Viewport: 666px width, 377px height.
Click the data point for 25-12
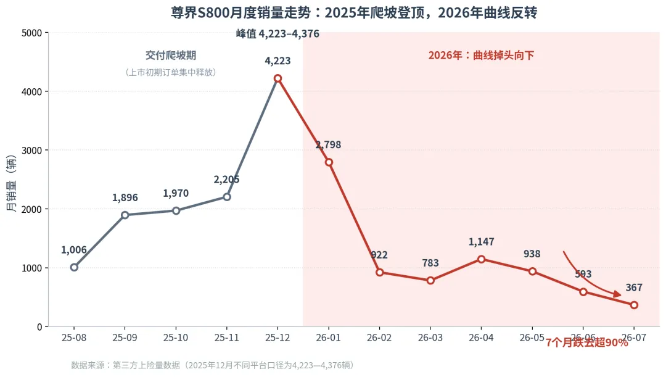(x=277, y=78)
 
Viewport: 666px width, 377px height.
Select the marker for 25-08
(x=75, y=267)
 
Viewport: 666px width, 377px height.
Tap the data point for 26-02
(x=380, y=273)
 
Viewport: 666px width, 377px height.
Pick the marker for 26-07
(x=634, y=305)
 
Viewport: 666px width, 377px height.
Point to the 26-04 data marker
(x=481, y=259)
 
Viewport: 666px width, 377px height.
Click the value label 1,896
(x=125, y=197)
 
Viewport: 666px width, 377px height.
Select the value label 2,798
(x=328, y=144)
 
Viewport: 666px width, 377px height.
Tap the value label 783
(x=430, y=263)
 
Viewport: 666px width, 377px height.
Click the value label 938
(x=532, y=254)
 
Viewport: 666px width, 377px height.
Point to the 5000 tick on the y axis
(x=32, y=33)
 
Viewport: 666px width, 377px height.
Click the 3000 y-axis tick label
(x=32, y=151)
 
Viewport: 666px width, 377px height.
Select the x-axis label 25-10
(x=176, y=338)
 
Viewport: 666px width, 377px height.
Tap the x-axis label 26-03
(x=430, y=338)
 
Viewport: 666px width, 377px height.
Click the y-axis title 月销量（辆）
(x=12, y=183)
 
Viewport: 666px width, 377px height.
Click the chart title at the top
(x=354, y=13)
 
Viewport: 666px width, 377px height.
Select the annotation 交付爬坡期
(x=171, y=56)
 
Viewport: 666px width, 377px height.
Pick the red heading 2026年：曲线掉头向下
(x=481, y=56)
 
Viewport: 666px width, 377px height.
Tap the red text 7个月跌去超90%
(x=586, y=342)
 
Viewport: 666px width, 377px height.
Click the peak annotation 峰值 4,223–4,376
(x=277, y=33)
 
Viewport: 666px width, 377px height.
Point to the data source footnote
(x=213, y=365)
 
